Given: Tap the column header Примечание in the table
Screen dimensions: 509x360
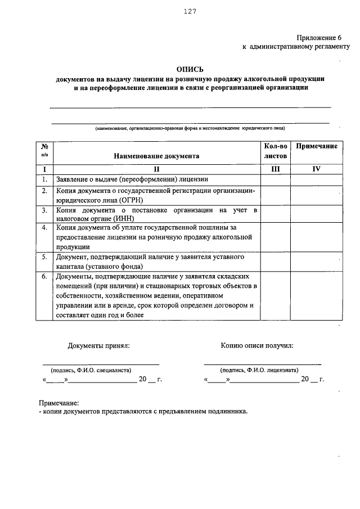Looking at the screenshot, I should point(317,146).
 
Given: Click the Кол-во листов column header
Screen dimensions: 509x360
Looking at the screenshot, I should point(275,151).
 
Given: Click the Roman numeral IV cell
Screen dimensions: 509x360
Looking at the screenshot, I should point(317,169).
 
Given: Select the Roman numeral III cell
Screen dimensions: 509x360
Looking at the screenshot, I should point(275,169).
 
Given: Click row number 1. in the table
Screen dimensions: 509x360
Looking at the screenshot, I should point(44,179).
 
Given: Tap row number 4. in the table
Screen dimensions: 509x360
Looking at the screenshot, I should point(44,227).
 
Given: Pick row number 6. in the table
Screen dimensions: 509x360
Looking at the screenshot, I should point(44,276).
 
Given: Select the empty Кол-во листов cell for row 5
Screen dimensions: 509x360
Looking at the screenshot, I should point(275,262).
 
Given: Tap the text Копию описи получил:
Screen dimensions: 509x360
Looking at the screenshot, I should point(256,346).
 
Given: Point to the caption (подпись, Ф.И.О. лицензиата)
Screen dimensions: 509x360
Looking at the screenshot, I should point(260,370).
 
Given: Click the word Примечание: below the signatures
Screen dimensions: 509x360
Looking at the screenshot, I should point(58,403).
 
